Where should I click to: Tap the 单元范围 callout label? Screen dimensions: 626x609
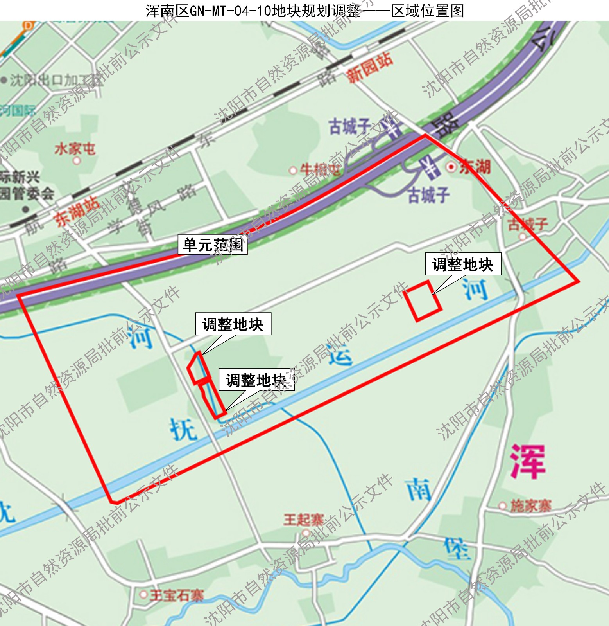point(213,245)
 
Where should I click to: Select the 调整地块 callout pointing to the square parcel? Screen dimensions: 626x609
point(463,264)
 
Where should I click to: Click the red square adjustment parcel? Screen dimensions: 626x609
point(422,300)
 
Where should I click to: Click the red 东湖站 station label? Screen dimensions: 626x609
point(77,212)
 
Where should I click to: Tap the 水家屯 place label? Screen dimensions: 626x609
point(75,149)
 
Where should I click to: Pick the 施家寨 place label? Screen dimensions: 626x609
point(530,506)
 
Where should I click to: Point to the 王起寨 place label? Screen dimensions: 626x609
point(303,520)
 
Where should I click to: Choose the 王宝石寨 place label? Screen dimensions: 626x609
point(177,595)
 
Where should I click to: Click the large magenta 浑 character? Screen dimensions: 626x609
point(527,462)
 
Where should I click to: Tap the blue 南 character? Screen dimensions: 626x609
point(419,490)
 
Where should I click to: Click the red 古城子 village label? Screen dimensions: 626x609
point(527,224)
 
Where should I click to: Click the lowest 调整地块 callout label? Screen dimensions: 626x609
point(256,380)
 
